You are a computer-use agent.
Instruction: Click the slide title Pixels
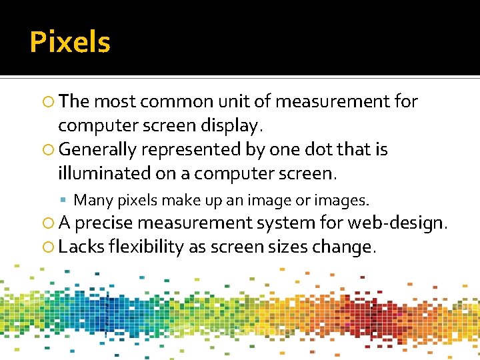70,43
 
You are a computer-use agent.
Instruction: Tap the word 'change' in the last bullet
349,247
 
